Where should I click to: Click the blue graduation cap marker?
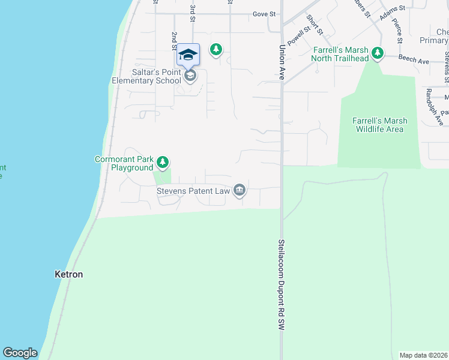[x=188, y=55]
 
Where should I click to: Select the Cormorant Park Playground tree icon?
[x=162, y=162]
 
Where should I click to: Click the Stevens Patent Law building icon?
[x=240, y=190]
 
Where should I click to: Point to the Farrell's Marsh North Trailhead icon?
[x=377, y=53]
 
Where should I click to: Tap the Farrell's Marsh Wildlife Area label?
[x=379, y=125]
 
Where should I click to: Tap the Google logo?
[x=20, y=353]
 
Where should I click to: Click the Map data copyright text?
[x=423, y=355]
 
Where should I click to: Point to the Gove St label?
[x=264, y=13]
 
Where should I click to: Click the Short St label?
[x=314, y=24]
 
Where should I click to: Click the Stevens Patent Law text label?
[x=194, y=191]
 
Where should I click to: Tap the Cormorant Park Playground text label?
[x=124, y=163]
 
